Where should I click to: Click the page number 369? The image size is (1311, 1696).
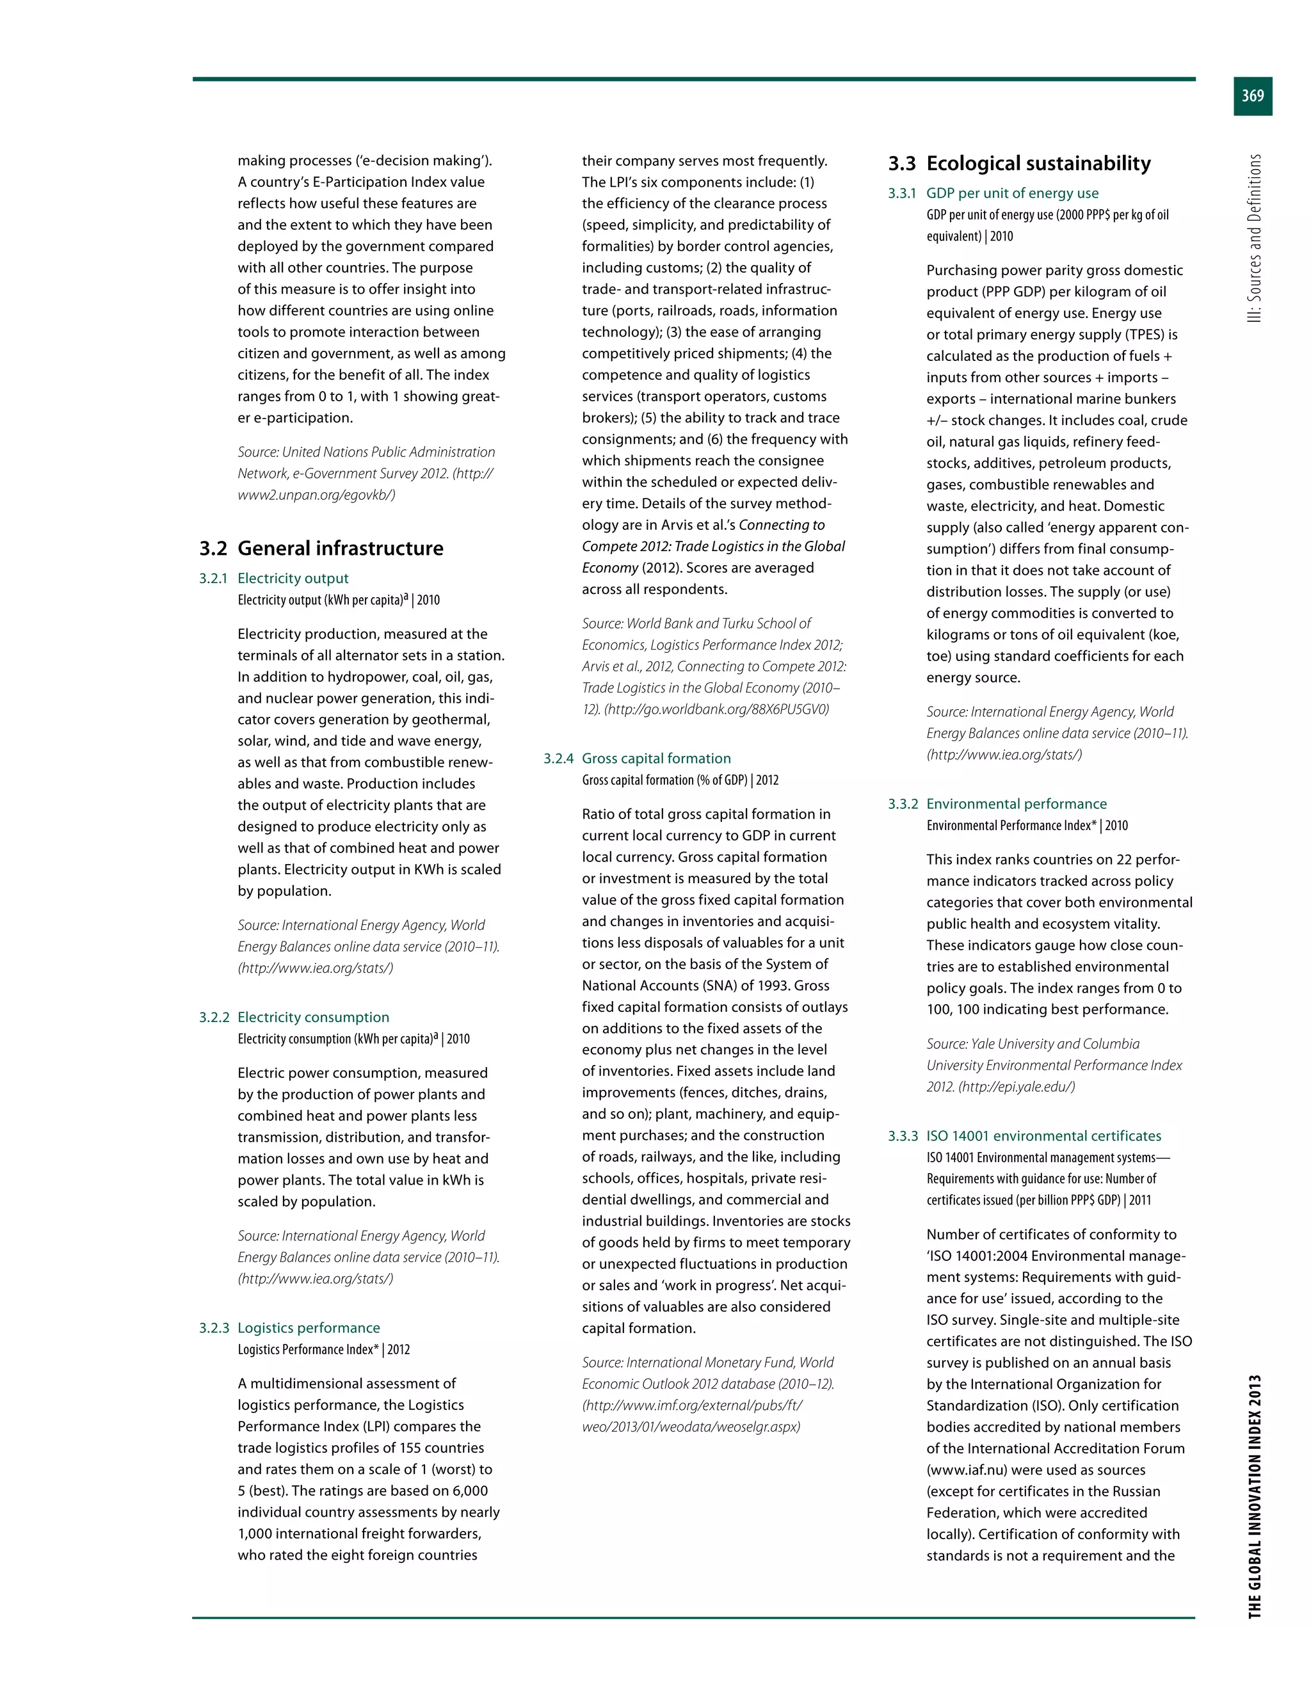click(x=1252, y=96)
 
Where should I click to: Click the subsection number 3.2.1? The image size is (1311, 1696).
click(x=214, y=579)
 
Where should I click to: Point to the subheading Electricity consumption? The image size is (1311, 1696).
click(x=313, y=1018)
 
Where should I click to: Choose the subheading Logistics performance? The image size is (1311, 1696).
click(x=309, y=1328)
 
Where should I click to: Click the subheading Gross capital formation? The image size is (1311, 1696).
click(x=655, y=758)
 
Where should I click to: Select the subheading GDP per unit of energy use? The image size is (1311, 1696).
click(x=1012, y=193)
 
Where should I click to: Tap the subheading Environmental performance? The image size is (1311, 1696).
click(x=1016, y=804)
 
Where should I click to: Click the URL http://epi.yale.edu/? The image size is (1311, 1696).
click(x=1017, y=1087)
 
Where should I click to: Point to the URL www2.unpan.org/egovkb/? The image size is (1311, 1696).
click(x=316, y=495)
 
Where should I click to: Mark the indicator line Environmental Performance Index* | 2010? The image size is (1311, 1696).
click(x=1026, y=826)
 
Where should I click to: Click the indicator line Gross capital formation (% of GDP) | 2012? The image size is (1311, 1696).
click(x=680, y=780)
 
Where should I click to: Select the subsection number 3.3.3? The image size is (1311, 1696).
click(x=903, y=1136)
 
